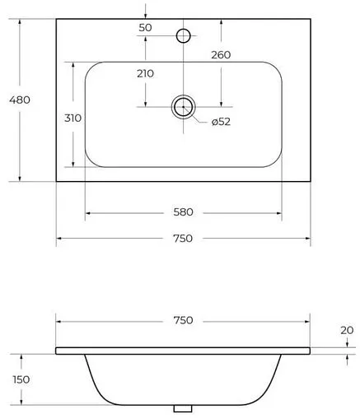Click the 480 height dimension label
click(20, 100)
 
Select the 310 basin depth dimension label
click(72, 118)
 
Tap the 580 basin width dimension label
click(183, 212)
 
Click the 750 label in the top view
click(183, 239)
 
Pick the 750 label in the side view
click(183, 320)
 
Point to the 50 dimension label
click(145, 28)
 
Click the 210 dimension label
click(145, 73)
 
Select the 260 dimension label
click(221, 55)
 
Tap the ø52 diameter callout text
click(221, 122)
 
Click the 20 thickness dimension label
click(347, 330)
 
